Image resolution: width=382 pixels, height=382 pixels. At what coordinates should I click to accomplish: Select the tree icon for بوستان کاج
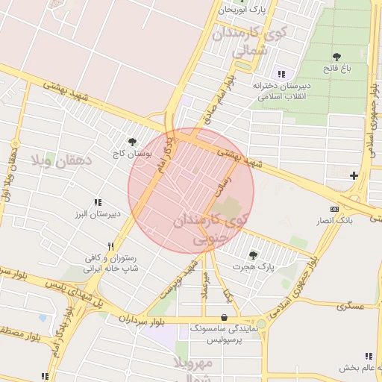132,141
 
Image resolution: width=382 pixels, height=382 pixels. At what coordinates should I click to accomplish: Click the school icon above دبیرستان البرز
97,202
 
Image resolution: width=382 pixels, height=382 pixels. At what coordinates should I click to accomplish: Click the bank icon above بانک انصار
334,210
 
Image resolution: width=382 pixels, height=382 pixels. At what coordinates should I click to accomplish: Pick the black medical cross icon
354,175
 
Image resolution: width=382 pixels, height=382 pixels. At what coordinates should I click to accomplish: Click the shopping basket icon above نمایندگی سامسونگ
225,316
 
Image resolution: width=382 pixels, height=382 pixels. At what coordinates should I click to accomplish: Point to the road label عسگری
348,306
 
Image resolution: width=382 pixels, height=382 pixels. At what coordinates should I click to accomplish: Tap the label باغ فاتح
357,69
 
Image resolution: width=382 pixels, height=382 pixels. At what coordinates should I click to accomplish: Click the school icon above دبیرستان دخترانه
281,74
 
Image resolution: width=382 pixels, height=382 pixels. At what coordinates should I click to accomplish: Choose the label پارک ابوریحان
242,10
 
